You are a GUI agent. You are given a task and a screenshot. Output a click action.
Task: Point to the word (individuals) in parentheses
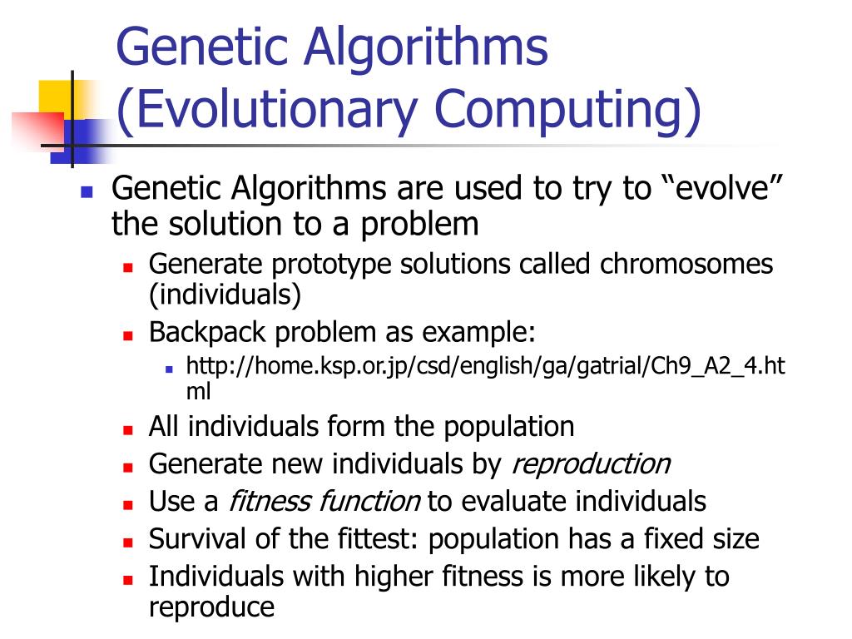(x=225, y=294)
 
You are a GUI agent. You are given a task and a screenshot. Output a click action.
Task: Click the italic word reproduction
(x=590, y=463)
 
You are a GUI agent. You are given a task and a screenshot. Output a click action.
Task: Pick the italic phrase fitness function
(x=324, y=501)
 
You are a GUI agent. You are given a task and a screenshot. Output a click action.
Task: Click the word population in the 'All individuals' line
(x=508, y=426)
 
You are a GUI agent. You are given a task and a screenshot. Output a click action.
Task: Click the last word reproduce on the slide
(x=211, y=607)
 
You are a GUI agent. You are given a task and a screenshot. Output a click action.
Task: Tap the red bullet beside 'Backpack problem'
(x=129, y=334)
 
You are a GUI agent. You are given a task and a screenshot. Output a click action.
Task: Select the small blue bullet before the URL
(x=168, y=368)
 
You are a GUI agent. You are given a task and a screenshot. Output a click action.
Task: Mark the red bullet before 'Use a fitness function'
(x=129, y=503)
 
